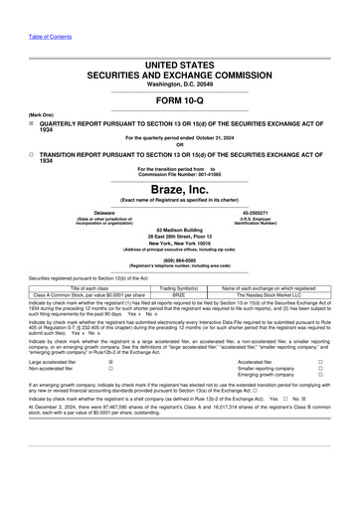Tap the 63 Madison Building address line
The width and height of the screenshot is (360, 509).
click(180, 228)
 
